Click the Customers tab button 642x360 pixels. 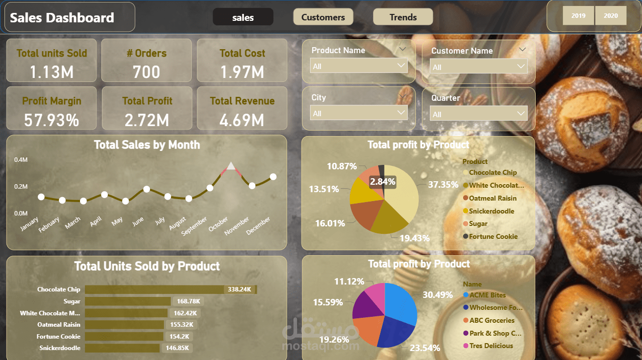pos(323,17)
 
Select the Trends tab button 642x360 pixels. pos(403,17)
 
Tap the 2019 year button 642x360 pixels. pos(578,16)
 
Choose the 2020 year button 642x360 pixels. pos(611,16)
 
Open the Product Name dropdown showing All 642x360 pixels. pos(359,66)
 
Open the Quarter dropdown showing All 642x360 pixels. pos(479,114)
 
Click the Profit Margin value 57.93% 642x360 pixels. pos(52,120)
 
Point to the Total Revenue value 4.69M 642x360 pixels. pos(242,120)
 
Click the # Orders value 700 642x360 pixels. pos(147,72)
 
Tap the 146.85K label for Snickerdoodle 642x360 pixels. pos(177,348)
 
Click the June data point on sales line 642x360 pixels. pos(147,189)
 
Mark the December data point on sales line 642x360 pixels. pos(273,177)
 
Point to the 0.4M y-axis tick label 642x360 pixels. pos(21,160)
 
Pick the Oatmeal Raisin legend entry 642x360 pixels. pos(492,198)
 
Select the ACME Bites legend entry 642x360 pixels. pos(487,295)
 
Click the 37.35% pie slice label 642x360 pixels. pos(443,185)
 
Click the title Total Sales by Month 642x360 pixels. pos(147,145)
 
